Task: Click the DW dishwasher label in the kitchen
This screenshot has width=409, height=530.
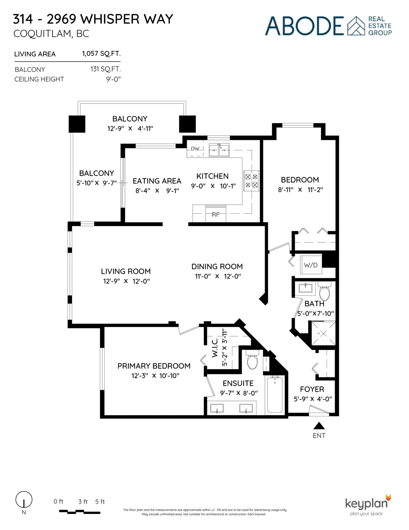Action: pyautogui.click(x=195, y=148)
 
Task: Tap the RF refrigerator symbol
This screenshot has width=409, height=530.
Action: pyautogui.click(x=215, y=214)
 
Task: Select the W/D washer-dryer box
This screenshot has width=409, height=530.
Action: pyautogui.click(x=311, y=265)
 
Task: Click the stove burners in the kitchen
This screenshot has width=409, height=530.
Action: pyautogui.click(x=251, y=181)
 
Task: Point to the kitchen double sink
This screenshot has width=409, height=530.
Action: pyautogui.click(x=219, y=150)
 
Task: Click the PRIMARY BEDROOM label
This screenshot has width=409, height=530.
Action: pyautogui.click(x=154, y=366)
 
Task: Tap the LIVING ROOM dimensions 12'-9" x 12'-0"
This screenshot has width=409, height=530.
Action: pyautogui.click(x=126, y=281)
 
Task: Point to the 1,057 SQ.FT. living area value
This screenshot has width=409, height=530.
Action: pyautogui.click(x=101, y=53)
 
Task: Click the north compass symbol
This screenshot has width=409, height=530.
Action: pyautogui.click(x=24, y=500)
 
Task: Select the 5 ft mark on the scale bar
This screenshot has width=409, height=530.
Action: pyautogui.click(x=100, y=502)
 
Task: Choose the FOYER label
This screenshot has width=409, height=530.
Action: pyautogui.click(x=312, y=389)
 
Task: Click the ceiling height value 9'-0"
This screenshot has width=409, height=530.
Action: pyautogui.click(x=113, y=79)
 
